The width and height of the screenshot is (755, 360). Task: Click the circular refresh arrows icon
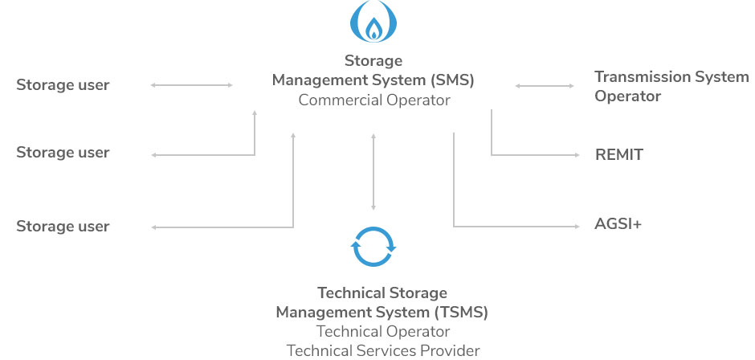tap(373, 247)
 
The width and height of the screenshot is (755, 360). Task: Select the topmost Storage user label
tap(63, 84)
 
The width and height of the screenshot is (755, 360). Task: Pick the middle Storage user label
tap(63, 153)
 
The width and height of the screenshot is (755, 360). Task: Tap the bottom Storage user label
tap(63, 227)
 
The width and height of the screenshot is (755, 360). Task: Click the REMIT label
tap(618, 155)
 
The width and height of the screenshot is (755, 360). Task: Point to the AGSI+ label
tap(618, 224)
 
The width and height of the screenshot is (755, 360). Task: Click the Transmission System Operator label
tap(671, 86)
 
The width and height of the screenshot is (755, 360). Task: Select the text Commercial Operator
tap(373, 100)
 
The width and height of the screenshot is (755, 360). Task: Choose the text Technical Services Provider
tap(382, 350)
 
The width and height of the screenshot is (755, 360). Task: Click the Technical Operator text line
tap(382, 331)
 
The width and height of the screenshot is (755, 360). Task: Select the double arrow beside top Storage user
tap(192, 84)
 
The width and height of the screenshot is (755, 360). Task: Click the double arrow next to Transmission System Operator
tap(545, 85)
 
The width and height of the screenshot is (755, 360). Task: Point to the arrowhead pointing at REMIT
tap(576, 154)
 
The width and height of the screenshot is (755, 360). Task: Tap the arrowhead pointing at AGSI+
tap(576, 225)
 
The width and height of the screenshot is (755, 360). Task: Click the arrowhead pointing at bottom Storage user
tap(155, 227)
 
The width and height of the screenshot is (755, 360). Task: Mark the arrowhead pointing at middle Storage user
tap(155, 154)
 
